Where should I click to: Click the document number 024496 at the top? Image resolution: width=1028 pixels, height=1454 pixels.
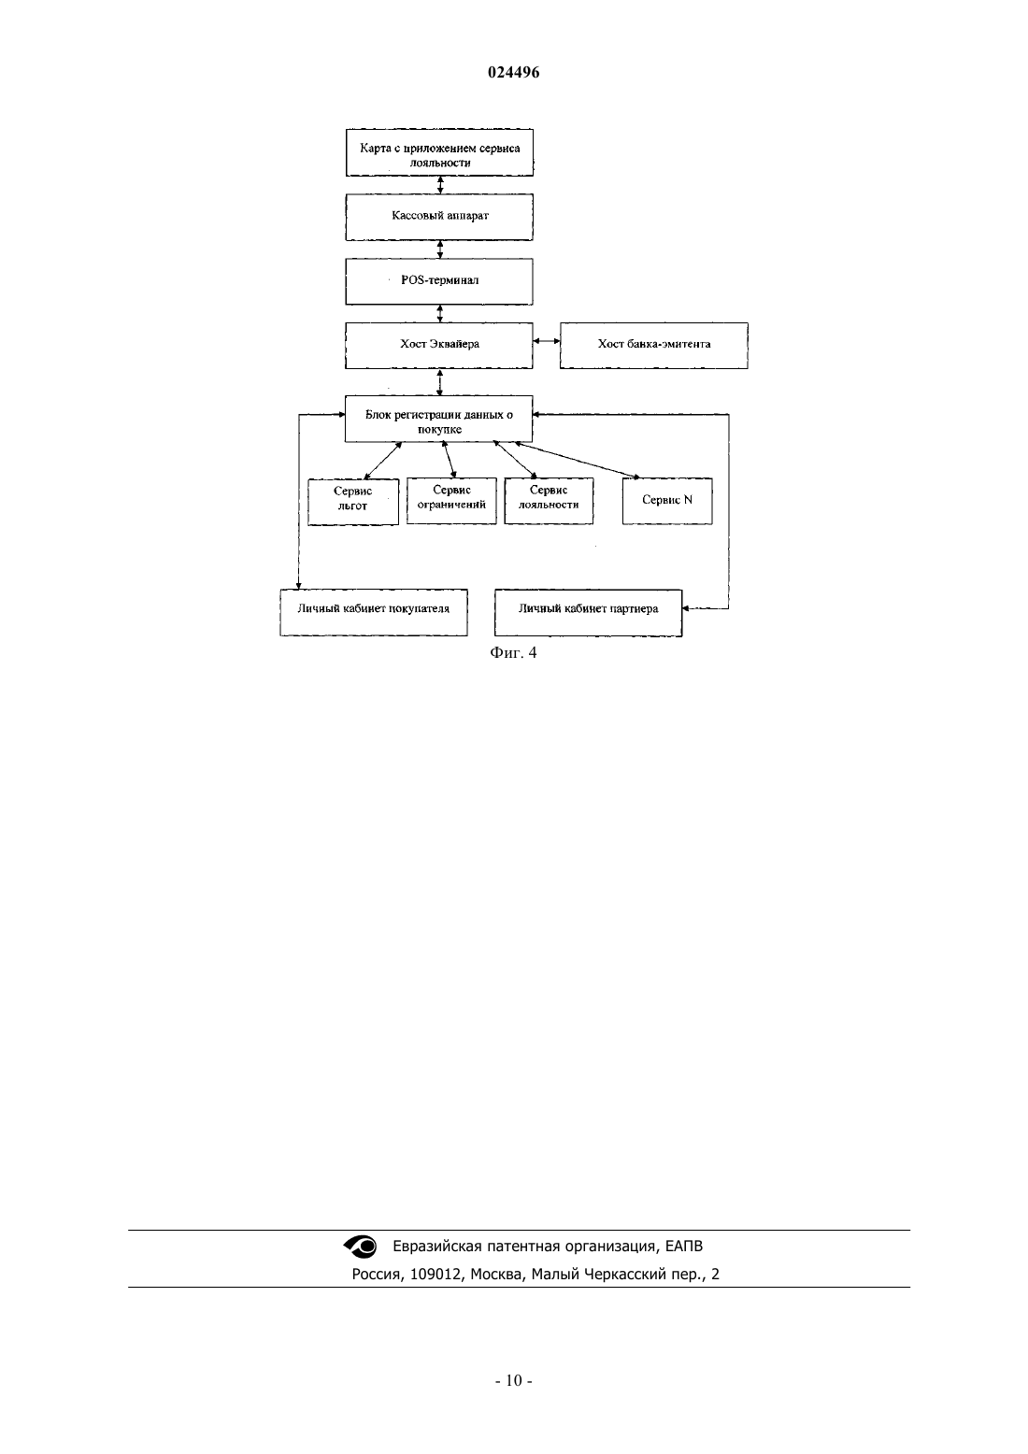[x=513, y=73]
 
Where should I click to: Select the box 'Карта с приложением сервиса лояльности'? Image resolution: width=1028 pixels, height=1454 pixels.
[x=439, y=152]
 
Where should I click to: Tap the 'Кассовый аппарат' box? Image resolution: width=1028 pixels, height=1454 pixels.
[x=439, y=217]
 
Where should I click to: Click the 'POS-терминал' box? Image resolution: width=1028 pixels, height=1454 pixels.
[x=439, y=281]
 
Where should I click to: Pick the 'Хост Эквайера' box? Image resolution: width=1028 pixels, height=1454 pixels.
[x=439, y=346]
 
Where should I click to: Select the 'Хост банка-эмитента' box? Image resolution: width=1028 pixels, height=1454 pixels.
[x=654, y=346]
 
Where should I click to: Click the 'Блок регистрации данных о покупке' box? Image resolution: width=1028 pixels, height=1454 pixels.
[x=438, y=419]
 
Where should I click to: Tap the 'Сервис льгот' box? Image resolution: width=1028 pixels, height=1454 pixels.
[x=353, y=502]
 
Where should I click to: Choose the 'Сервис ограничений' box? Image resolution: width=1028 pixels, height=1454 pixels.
[x=451, y=501]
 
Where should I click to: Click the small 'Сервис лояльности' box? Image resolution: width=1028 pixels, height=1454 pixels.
[x=550, y=501]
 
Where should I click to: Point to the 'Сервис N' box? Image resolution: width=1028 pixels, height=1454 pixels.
[x=667, y=501]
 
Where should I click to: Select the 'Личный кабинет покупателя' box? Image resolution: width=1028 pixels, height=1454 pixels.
[x=374, y=612]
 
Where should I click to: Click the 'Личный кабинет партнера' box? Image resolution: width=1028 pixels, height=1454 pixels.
[x=589, y=612]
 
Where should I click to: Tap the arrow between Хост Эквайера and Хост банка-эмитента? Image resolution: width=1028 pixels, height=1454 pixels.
[x=547, y=341]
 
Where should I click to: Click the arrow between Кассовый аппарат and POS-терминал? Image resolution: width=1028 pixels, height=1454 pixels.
[x=440, y=249]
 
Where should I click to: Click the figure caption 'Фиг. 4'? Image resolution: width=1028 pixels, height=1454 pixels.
[x=513, y=652]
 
